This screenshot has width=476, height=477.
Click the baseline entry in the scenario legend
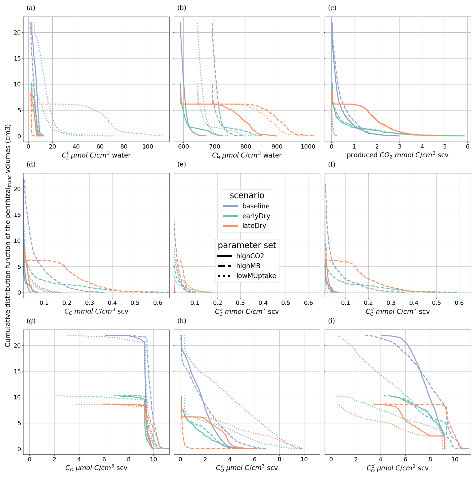(256, 206)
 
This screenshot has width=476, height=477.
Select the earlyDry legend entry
(256, 216)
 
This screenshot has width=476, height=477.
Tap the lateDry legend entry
(254, 226)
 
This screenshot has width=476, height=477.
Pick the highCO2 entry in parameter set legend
(250, 256)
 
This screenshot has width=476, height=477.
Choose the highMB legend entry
(248, 266)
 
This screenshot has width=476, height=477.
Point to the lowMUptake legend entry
(256, 276)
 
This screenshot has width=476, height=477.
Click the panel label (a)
(31, 8)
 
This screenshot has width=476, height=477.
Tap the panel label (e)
(182, 164)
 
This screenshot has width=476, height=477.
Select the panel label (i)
(332, 321)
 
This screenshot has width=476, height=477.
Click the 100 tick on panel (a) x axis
(148, 147)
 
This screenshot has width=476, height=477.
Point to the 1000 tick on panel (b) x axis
(308, 147)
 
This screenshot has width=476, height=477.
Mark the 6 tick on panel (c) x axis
(467, 147)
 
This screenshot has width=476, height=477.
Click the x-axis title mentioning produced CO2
(398, 155)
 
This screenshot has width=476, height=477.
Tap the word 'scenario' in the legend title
(247, 195)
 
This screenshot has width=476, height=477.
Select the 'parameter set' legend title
(247, 245)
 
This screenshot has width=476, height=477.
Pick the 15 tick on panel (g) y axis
(17, 371)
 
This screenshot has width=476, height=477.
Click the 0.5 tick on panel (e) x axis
(286, 303)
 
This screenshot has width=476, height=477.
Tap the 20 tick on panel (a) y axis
(17, 32)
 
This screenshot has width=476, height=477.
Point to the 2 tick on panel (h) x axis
(205, 459)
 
